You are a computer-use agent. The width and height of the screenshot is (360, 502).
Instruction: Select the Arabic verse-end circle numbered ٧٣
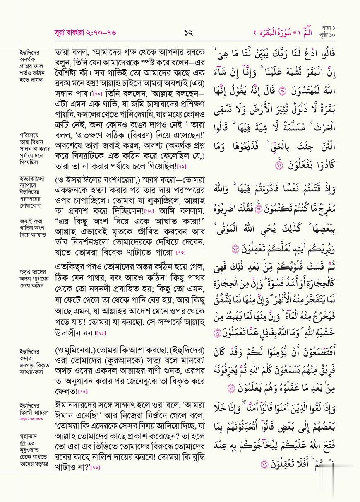click(x=236, y=249)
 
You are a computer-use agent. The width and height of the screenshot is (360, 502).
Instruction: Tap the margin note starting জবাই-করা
click(x=33, y=227)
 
